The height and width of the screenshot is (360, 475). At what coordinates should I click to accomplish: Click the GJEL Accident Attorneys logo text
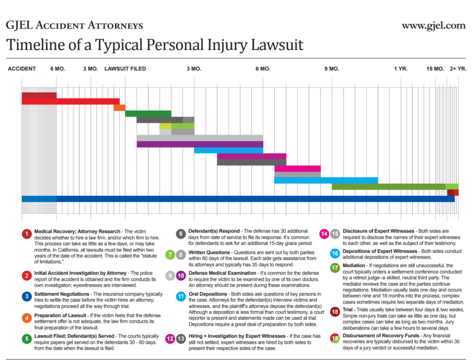click(74, 25)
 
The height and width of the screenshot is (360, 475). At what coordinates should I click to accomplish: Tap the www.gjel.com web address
click(433, 25)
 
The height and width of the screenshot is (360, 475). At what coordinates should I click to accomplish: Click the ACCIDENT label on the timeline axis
click(22, 69)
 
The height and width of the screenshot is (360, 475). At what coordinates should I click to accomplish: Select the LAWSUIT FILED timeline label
click(125, 69)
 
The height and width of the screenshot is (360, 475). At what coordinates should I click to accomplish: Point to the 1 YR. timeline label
click(401, 69)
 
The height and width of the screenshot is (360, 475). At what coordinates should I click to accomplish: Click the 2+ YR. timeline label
click(458, 69)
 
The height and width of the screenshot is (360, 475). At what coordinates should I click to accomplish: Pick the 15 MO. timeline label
click(436, 69)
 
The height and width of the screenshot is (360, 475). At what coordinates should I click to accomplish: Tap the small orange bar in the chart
click(119, 108)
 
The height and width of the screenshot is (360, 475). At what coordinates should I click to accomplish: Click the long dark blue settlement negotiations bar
click(255, 199)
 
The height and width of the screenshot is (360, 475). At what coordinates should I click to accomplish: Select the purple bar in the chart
click(199, 144)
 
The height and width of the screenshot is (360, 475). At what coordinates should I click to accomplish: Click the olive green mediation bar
click(390, 186)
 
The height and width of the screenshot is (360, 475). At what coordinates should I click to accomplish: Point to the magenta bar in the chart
click(297, 168)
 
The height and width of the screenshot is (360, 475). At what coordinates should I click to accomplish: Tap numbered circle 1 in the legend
click(27, 233)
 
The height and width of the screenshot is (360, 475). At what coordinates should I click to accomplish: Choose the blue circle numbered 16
click(335, 253)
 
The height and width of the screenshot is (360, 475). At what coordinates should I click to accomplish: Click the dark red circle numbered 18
click(335, 311)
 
